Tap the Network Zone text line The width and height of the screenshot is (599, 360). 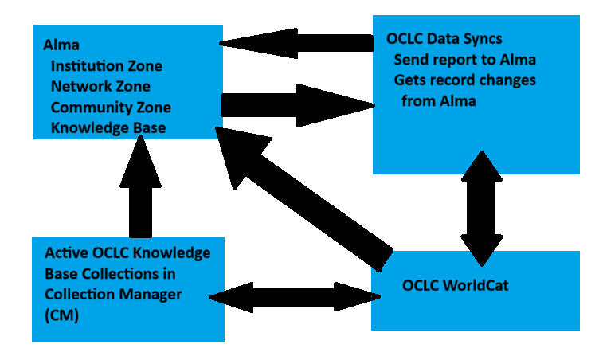coord(100,86)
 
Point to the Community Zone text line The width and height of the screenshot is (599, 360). coord(111,107)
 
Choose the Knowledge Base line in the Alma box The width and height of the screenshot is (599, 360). coord(108,127)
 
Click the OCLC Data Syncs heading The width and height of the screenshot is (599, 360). coord(444,38)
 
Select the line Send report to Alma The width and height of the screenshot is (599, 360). coord(464,60)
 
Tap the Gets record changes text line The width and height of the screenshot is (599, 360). coord(465,80)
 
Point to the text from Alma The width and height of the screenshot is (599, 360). coord(438,101)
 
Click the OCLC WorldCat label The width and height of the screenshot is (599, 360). coord(454,284)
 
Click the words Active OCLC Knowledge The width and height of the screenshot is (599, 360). coord(127,253)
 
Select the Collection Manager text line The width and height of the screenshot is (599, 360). coord(113,294)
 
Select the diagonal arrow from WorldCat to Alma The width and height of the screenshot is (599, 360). coord(303,199)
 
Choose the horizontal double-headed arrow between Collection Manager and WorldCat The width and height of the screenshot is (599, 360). coord(295,296)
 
